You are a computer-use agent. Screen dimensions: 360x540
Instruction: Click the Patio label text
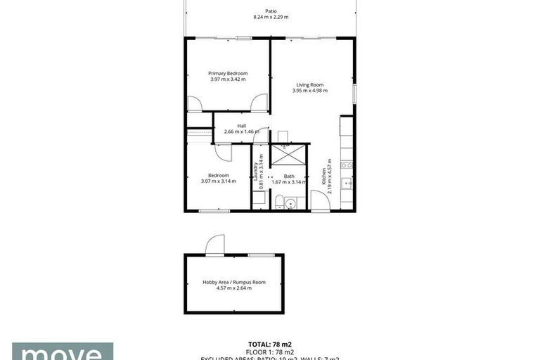click(x=271, y=11)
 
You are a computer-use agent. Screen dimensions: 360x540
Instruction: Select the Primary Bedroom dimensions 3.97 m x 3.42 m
click(x=227, y=79)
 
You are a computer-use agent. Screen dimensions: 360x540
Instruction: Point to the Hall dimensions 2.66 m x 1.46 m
click(x=241, y=131)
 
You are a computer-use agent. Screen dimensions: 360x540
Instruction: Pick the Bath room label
click(x=289, y=176)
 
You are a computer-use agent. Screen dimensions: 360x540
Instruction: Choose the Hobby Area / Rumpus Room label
click(x=234, y=281)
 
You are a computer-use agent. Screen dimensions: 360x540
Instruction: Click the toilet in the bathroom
click(x=280, y=203)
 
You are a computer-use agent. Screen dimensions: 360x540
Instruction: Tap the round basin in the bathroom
click(x=292, y=202)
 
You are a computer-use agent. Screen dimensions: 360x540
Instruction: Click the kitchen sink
click(x=346, y=184)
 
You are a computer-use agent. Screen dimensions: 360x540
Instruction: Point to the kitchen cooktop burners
click(x=346, y=165)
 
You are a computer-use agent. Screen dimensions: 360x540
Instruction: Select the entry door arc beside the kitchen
click(x=320, y=200)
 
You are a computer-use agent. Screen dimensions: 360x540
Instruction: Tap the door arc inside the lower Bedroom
click(x=222, y=152)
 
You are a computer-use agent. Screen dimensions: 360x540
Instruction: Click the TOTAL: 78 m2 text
click(x=270, y=345)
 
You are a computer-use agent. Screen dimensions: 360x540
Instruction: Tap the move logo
click(x=62, y=352)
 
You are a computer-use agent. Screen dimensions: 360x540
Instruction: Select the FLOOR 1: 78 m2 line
click(x=270, y=352)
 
